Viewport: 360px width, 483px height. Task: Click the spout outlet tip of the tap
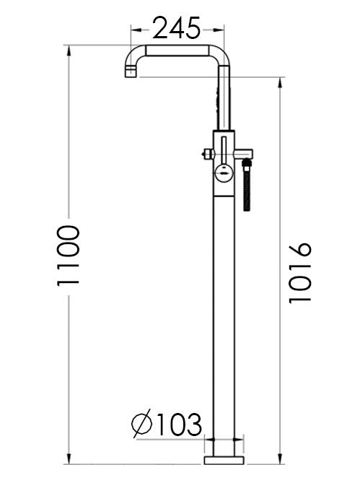point(129,72)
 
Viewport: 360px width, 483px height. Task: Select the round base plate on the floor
point(226,460)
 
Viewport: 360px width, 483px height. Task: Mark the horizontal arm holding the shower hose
point(244,152)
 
